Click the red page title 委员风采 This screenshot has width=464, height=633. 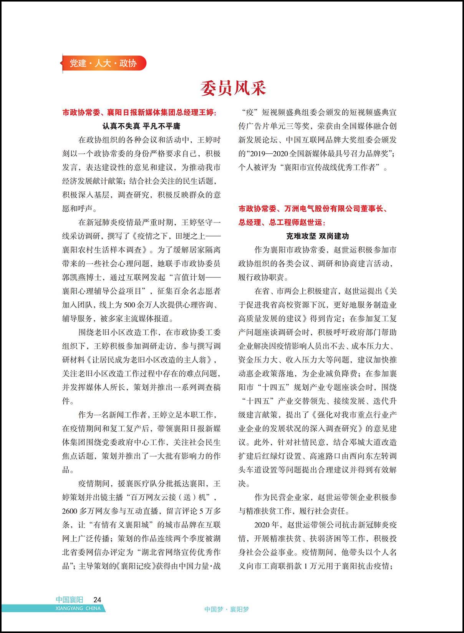click(233, 88)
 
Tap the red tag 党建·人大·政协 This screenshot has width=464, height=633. click(103, 63)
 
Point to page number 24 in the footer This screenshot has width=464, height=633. click(97, 600)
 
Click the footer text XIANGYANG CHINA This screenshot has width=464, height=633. click(78, 608)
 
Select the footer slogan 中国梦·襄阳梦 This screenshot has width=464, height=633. click(227, 609)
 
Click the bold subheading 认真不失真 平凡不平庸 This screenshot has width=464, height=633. click(141, 126)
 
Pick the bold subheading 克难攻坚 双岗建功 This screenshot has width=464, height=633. click(317, 236)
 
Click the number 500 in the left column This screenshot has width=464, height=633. click(130, 305)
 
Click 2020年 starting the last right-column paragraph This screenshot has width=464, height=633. click(267, 525)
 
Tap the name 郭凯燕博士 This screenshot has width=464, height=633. click(83, 277)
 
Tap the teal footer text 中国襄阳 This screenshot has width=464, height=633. click(69, 600)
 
